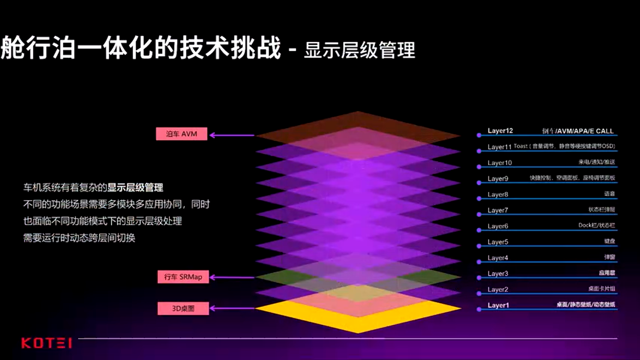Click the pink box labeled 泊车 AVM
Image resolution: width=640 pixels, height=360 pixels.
click(x=181, y=133)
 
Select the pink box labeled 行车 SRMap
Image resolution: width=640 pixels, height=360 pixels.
click(x=183, y=276)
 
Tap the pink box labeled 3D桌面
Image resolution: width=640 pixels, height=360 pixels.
click(x=183, y=308)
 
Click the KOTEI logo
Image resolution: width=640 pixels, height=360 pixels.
click(x=46, y=343)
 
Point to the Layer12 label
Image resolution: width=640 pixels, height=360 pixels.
click(x=500, y=131)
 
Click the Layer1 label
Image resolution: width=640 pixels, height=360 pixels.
click(x=498, y=305)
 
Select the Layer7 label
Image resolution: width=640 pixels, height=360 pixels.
click(x=497, y=210)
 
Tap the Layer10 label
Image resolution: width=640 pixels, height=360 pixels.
click(x=499, y=163)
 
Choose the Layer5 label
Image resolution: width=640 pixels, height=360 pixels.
click(x=497, y=242)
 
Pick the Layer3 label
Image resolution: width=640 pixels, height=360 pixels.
click(x=497, y=273)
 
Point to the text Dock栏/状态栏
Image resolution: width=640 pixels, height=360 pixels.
click(x=596, y=225)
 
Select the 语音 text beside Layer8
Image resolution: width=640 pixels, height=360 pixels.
click(x=609, y=194)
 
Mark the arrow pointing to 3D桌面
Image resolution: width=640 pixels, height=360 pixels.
click(x=232, y=308)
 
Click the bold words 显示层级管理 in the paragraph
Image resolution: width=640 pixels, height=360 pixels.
click(x=135, y=188)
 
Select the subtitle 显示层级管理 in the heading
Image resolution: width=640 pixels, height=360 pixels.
click(x=359, y=50)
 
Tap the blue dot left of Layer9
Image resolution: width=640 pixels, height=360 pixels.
click(x=478, y=179)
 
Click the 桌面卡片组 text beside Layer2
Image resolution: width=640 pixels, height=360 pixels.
click(x=601, y=289)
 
